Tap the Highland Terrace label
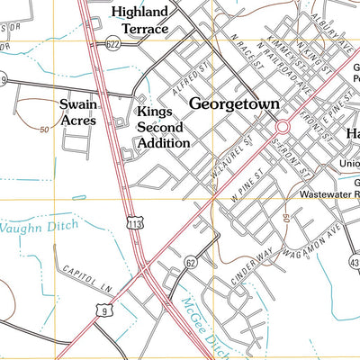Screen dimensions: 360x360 [139, 20]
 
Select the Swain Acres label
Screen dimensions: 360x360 [77, 112]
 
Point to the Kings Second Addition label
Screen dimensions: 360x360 [163, 127]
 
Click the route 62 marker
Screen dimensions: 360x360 [191, 262]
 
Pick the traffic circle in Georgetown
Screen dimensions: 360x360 [282, 128]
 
